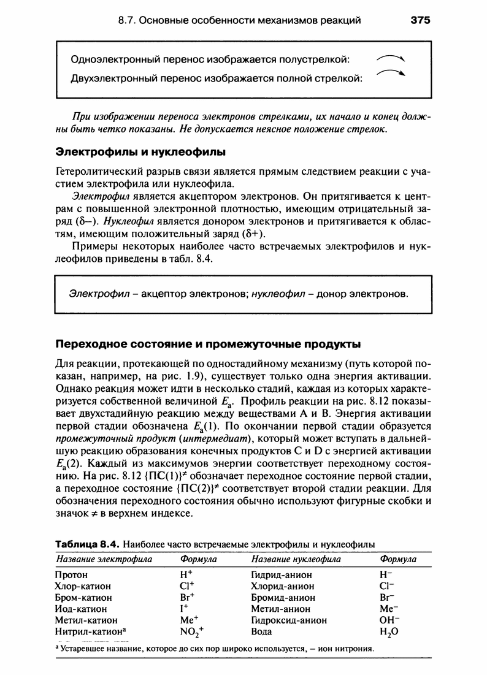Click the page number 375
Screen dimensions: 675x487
pyautogui.click(x=421, y=21)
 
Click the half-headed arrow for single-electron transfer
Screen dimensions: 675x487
pyautogui.click(x=393, y=58)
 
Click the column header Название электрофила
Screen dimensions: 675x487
pyautogui.click(x=104, y=559)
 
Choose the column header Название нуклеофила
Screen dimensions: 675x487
pyautogui.click(x=296, y=559)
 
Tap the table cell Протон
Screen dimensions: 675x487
pyautogui.click(x=71, y=575)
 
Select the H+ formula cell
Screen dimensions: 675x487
pyautogui.click(x=186, y=575)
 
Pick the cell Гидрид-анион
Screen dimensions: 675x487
pyautogui.click(x=282, y=575)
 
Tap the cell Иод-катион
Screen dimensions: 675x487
pyautogui.click(x=80, y=609)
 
